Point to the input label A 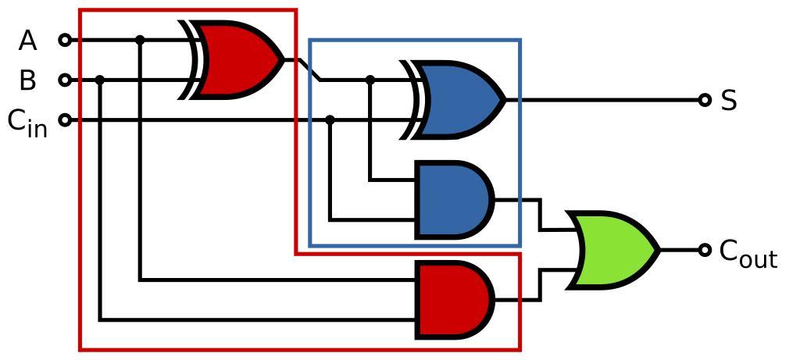point(28,41)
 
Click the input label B point(28,80)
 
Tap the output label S point(729,101)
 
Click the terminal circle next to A point(66,40)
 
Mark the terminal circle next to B point(66,80)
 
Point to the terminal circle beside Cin point(66,119)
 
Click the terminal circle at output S point(705,100)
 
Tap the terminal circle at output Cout point(705,250)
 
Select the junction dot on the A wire point(140,40)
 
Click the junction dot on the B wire point(100,80)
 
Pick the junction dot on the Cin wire point(330,119)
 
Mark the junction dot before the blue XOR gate point(370,80)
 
